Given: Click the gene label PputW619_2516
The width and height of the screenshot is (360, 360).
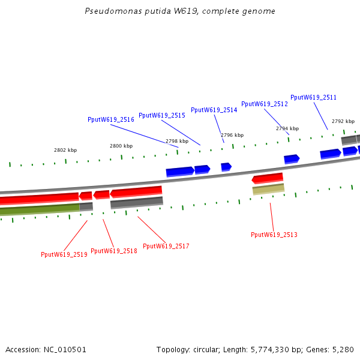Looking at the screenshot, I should (x=111, y=119).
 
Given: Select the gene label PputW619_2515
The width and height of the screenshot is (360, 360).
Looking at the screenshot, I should (x=162, y=115).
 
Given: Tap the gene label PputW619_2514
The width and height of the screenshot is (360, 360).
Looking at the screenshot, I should (x=214, y=110).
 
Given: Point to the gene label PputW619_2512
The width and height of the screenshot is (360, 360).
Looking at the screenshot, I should (x=265, y=104).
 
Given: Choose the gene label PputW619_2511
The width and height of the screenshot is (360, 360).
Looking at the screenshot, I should (x=313, y=97).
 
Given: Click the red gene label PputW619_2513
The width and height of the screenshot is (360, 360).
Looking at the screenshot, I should (x=274, y=235).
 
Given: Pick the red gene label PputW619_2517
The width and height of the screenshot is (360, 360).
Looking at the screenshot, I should (x=166, y=246).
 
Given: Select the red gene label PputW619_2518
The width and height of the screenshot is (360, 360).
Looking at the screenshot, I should (x=114, y=251).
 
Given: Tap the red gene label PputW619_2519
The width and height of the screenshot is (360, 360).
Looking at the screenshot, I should (x=64, y=254).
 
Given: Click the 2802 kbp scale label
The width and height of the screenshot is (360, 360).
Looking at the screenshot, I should (x=65, y=150).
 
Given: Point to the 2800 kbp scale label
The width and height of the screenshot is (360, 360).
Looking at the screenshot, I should (x=121, y=146).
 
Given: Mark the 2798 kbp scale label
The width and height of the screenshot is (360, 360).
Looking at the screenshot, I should (x=177, y=141).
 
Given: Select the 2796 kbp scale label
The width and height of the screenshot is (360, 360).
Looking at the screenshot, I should (x=232, y=135).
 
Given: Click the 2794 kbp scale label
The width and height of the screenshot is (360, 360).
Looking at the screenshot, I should (x=287, y=128).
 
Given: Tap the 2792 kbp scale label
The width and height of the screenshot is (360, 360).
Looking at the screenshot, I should (x=343, y=121).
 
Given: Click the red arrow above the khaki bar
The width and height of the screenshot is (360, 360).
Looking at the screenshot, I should (x=268, y=178).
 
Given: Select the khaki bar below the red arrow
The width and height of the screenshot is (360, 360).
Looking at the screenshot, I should (x=268, y=190).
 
